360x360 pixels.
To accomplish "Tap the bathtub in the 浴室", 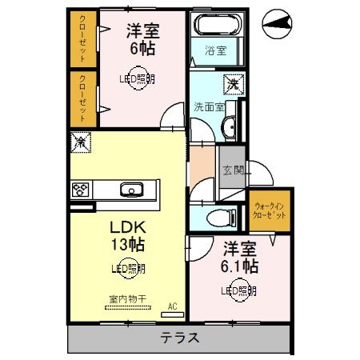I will tap(214, 26).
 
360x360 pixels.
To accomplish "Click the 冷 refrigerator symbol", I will tap(81, 142).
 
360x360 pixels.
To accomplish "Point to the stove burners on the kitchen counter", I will tap(81, 190).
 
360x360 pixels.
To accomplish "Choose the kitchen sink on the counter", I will tap(131, 190).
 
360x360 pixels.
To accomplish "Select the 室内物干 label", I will tap(126, 298).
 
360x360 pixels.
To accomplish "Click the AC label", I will tap(172, 305).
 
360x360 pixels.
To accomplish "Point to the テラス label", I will tap(179, 337).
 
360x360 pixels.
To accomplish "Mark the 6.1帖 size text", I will tap(238, 265).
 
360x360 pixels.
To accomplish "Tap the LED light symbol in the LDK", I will tap(127, 270).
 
